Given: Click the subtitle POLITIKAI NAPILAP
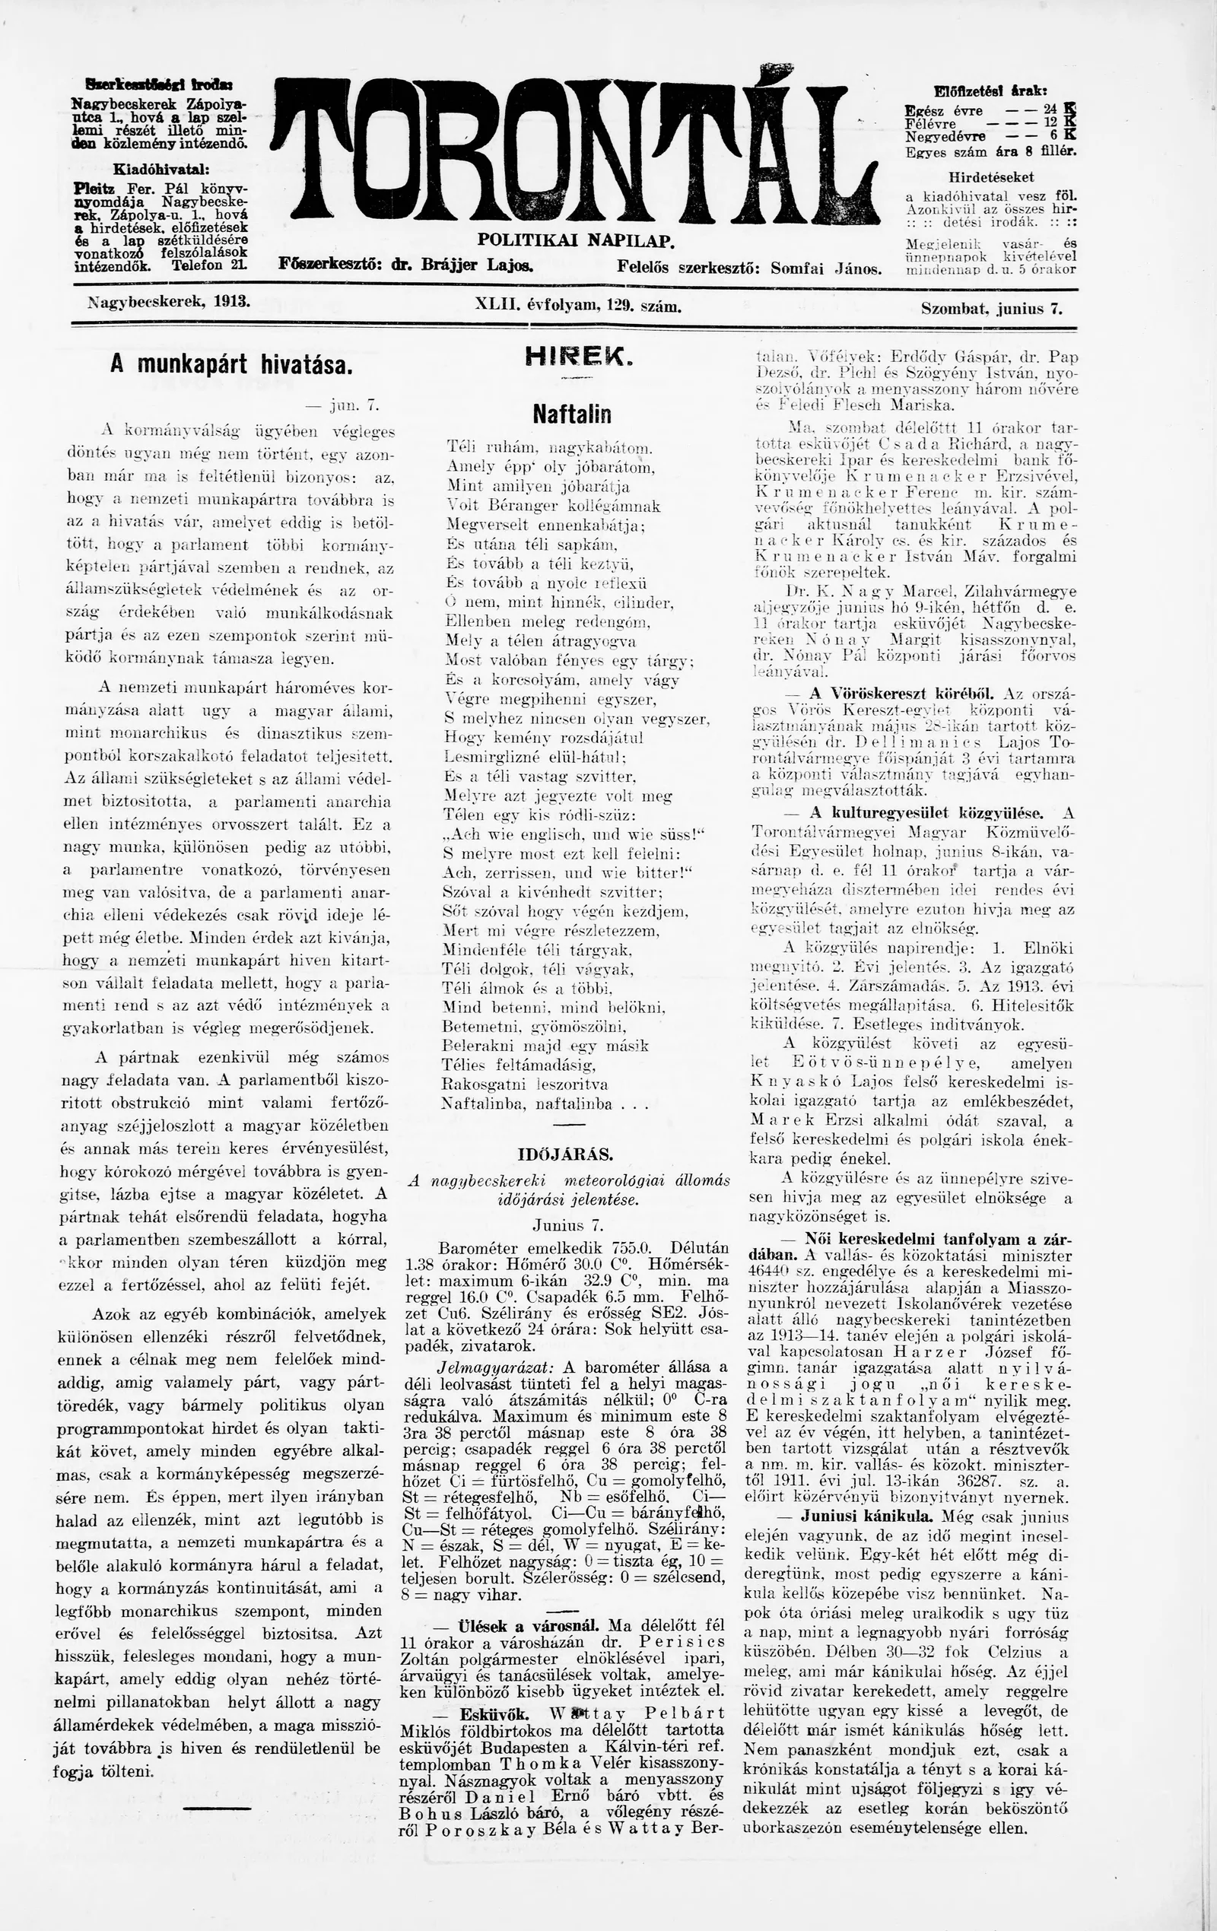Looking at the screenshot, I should click(x=576, y=239).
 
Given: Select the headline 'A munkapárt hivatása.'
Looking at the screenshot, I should click(x=231, y=365).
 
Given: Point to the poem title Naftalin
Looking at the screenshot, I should click(x=571, y=414).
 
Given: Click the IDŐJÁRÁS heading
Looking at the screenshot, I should click(x=566, y=1154).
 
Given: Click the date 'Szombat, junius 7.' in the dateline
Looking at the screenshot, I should click(x=993, y=308).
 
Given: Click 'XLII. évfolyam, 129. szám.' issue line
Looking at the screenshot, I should click(x=577, y=306).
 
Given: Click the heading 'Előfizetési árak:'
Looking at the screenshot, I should click(x=991, y=91).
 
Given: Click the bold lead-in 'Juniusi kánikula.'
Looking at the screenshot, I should click(x=855, y=1517).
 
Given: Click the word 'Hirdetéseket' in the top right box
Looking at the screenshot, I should click(x=991, y=177).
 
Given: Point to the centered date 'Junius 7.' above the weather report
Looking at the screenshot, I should click(x=567, y=1225).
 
